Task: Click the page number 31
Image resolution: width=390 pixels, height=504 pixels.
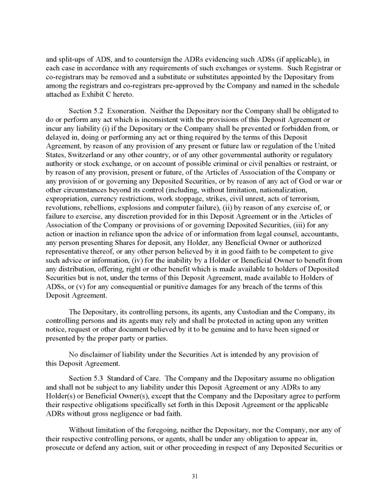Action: pyautogui.click(x=194, y=476)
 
